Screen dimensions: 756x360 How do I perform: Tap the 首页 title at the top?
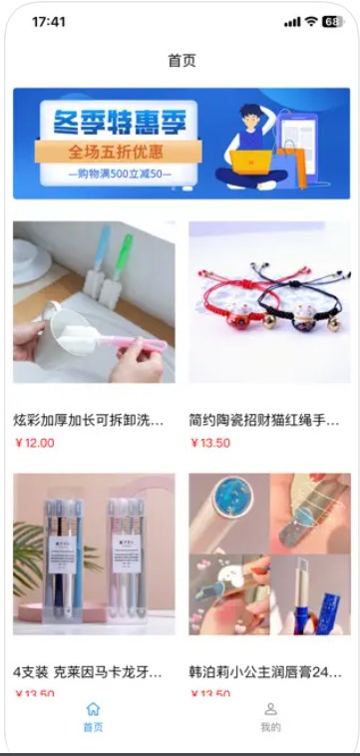click(x=181, y=61)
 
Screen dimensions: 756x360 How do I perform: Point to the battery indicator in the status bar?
click(x=331, y=21)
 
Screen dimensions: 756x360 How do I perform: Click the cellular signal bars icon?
click(x=291, y=21)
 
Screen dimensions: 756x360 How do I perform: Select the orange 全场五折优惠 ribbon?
click(x=117, y=152)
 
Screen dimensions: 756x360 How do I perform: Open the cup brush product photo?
click(x=94, y=302)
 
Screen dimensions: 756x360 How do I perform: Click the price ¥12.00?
click(x=35, y=443)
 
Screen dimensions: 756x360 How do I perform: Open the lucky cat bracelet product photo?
click(x=269, y=302)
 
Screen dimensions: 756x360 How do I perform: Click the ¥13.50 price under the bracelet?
click(x=209, y=443)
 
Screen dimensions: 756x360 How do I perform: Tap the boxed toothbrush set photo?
click(x=94, y=554)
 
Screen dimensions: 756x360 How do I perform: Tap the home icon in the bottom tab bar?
click(x=93, y=709)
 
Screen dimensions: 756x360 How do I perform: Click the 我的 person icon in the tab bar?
click(x=270, y=709)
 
